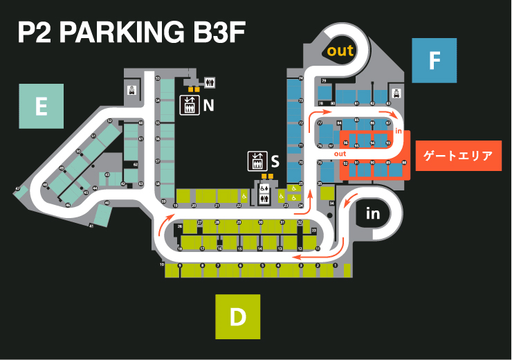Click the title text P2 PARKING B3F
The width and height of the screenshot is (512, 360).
132,33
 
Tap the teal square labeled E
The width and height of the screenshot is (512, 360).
42,106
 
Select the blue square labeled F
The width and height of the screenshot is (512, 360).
434,61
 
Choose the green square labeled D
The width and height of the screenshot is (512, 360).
237,317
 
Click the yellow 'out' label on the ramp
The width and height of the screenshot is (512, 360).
340,51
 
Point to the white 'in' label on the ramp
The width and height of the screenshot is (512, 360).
373,214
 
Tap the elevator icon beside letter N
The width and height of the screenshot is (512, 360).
189,105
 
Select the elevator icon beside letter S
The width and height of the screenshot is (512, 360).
257,161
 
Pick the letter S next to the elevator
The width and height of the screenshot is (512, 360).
275,162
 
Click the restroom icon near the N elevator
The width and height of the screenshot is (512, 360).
210,82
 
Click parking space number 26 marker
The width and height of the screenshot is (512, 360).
179,226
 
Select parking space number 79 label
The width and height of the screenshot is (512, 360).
324,80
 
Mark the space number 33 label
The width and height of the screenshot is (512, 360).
314,230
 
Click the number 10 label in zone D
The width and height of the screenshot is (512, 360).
162,264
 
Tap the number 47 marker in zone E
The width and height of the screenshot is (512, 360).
17,188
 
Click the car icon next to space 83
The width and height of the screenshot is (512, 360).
397,92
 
